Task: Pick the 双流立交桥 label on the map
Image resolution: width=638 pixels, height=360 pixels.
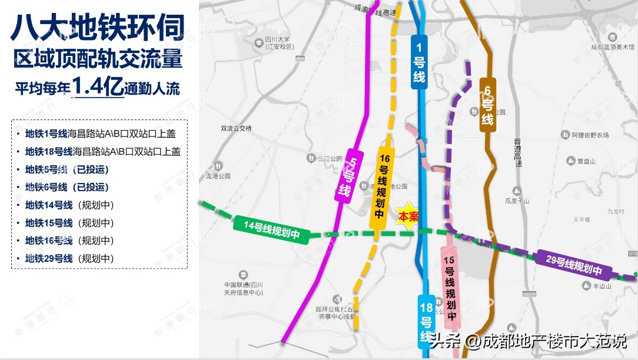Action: coord(235,128)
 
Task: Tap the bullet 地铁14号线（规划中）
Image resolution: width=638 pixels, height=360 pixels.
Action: coord(69,205)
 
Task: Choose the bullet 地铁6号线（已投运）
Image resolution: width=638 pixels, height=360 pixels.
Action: coord(67,188)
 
